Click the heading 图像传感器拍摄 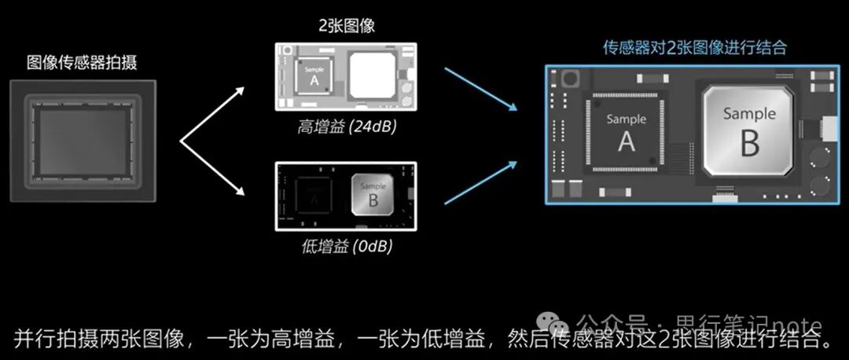(x=82, y=63)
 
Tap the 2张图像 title (x=346, y=25)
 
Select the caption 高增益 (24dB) (x=347, y=128)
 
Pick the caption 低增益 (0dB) (x=347, y=247)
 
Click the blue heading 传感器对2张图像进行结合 (x=695, y=47)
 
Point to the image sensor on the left (x=83, y=141)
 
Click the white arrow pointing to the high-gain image (x=212, y=115)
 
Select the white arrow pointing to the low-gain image (x=212, y=168)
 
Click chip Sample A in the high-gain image (x=314, y=76)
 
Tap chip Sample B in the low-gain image (x=373, y=195)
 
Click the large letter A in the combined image (x=627, y=141)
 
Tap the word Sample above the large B (x=749, y=114)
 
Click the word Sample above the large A (x=627, y=119)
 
